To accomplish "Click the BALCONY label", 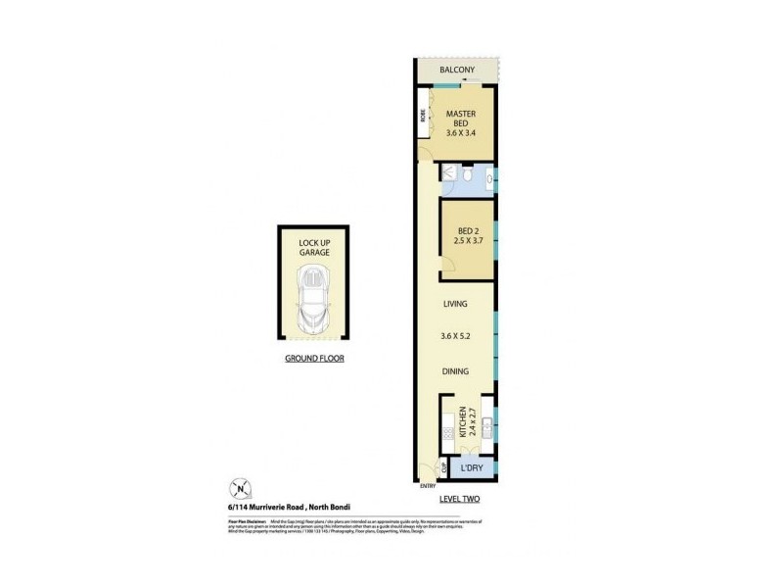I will coord(457,71).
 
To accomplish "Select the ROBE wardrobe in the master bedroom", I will coord(423,116).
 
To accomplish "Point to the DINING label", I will coord(456,371).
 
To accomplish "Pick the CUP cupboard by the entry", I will coord(444,469).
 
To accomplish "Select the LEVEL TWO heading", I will coord(458,500).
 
